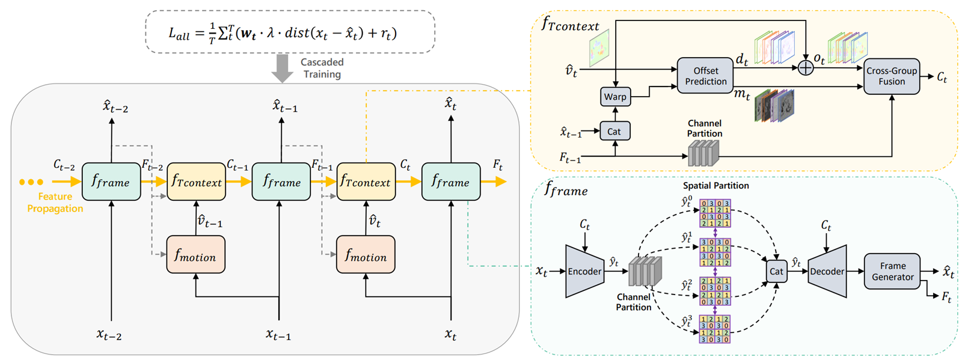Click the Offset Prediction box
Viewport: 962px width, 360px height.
705,76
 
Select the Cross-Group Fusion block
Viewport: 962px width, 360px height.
891,76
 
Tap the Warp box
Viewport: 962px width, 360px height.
615,97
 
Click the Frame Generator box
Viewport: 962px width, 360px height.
892,271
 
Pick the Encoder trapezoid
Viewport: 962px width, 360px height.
584,271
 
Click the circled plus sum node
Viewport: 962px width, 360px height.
805,68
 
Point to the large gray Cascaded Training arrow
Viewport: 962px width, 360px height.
282,68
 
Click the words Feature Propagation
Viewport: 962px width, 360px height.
55,203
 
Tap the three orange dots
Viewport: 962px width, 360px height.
31,182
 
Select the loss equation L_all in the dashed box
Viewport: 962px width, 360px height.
283,33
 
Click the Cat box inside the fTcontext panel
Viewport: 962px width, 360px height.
614,132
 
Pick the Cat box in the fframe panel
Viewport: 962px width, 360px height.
776,271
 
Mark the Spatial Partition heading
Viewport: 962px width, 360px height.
715,186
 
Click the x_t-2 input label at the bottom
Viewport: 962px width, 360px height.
109,335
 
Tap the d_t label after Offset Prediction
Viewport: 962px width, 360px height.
742,60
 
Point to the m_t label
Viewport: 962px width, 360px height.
742,95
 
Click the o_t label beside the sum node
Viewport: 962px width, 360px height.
819,59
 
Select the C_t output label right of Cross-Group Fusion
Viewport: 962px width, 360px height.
942,77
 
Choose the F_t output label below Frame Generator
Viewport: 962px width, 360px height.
946,296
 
